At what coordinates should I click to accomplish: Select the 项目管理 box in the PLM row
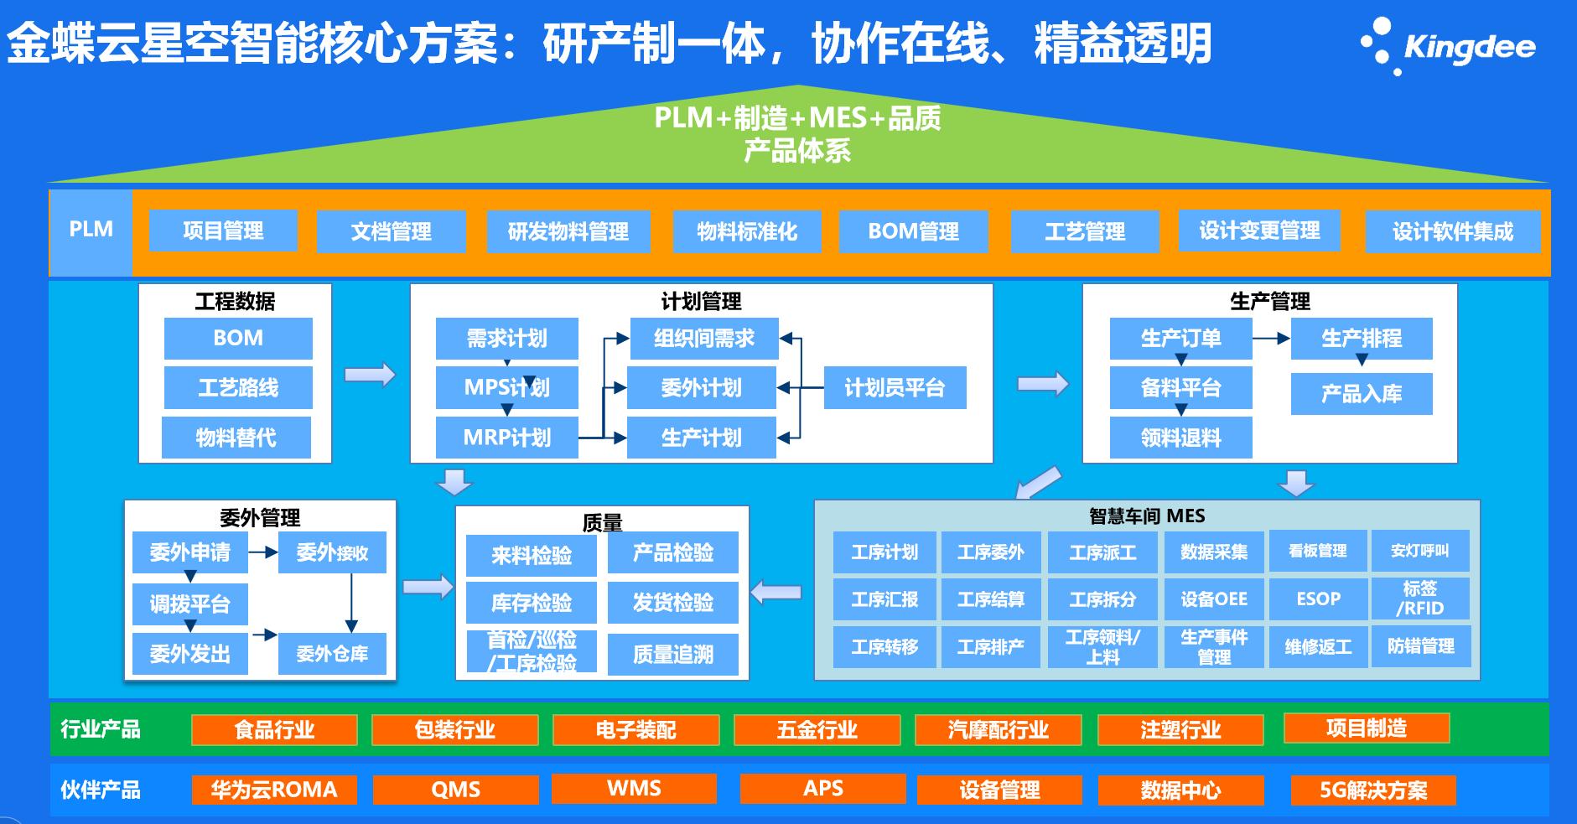223,231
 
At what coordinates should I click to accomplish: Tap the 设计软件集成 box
1452,231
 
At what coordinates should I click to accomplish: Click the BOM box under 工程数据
238,338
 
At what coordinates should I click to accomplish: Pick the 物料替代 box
236,438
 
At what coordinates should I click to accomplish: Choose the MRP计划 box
506,438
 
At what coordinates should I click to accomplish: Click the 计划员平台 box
895,387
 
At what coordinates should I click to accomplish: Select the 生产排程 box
1361,338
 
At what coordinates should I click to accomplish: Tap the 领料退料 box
1180,438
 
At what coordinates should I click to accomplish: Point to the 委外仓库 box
332,654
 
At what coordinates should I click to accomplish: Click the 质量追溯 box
672,654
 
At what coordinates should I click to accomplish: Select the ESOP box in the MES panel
1318,599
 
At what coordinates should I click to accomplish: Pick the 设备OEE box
1213,599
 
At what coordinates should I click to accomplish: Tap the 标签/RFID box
1420,599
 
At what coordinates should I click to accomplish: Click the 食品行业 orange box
274,729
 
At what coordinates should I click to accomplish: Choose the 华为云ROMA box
274,790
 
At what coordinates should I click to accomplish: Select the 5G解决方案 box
1373,790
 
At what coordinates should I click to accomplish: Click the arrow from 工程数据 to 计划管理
370,375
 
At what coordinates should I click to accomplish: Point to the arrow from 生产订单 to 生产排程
1271,339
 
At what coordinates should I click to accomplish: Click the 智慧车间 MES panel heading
1146,516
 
